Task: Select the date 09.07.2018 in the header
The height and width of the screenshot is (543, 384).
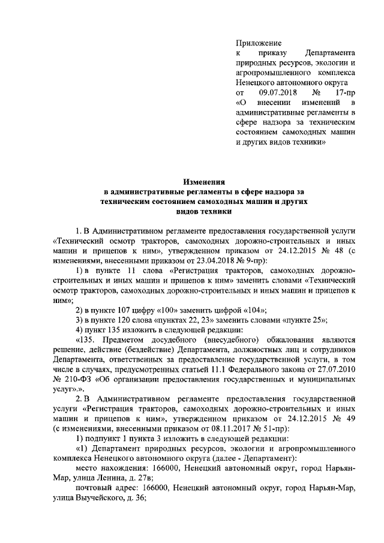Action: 278,93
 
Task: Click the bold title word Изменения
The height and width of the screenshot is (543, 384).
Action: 204,181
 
